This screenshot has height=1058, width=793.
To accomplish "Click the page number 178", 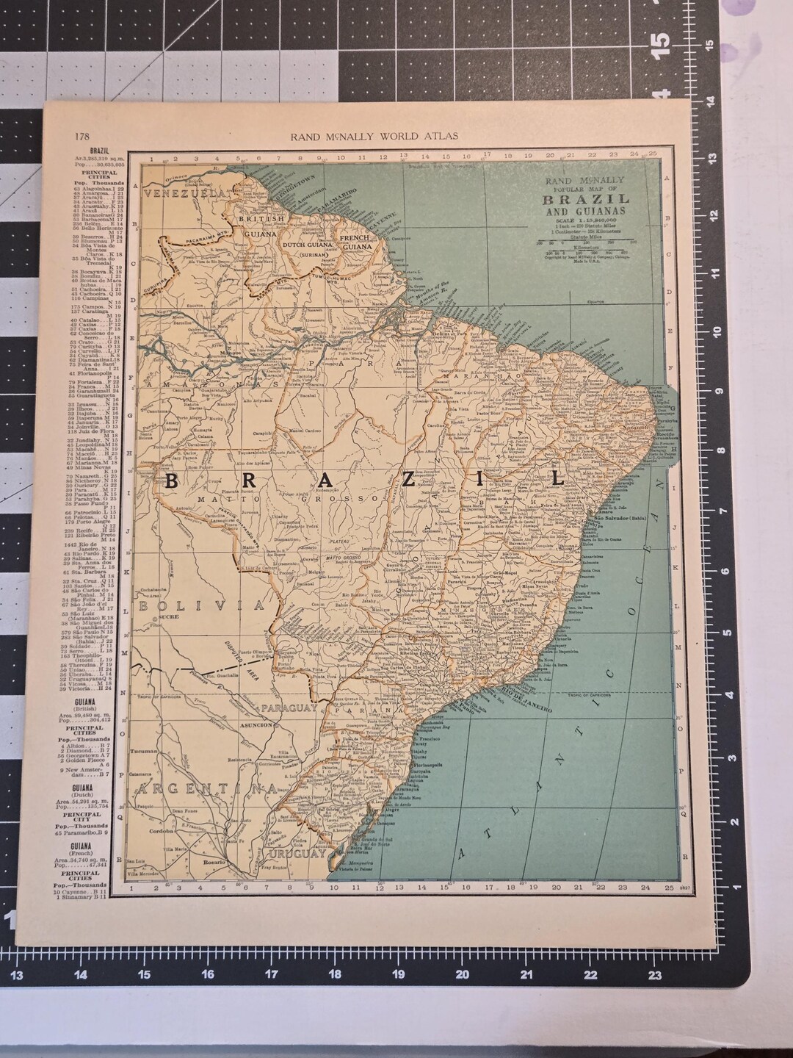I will [82, 136].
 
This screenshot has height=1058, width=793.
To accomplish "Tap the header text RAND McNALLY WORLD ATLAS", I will [374, 136].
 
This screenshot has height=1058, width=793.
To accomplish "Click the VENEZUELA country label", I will [184, 192].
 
